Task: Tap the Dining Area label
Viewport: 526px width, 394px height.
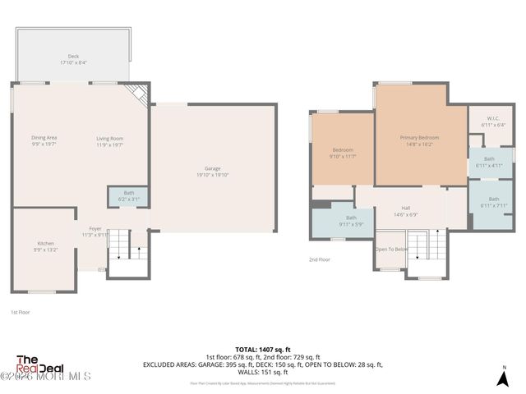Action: coord(44,140)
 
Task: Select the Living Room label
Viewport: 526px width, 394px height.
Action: coord(109,140)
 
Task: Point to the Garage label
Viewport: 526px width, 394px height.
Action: coord(213,171)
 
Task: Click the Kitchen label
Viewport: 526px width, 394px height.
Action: coord(44,246)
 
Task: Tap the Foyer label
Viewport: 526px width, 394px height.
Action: coord(95,231)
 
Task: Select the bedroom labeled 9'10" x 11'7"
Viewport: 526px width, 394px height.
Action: coord(343,153)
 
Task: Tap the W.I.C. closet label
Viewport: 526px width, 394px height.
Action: coord(493,121)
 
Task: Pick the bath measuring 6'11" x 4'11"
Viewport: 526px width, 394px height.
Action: coord(489,162)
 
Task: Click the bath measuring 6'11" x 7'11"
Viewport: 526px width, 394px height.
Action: coord(493,202)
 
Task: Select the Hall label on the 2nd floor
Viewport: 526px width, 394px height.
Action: coord(405,211)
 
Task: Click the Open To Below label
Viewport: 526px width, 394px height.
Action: coord(391,249)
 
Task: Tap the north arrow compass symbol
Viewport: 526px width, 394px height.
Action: coord(504,377)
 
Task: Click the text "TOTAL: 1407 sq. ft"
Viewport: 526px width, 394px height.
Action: coord(263,348)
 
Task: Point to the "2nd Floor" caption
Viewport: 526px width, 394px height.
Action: coord(321,259)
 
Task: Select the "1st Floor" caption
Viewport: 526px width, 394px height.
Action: coord(21,313)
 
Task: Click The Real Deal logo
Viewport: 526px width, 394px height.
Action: coord(37,366)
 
